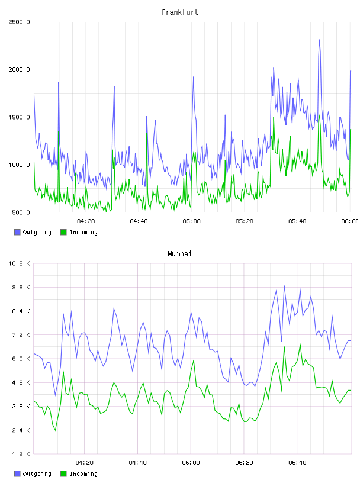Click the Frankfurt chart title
pos(180,12)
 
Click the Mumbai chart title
pos(179,254)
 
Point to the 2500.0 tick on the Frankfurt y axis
pos(19,22)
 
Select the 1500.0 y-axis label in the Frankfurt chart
pos(19,117)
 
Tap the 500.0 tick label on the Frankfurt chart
pos(21,212)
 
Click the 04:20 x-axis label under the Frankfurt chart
pos(86,221)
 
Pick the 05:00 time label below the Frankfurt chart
pos(191,221)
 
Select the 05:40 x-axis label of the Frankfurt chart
pos(297,221)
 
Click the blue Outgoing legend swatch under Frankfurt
pos(17,232)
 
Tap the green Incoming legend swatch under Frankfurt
pos(63,232)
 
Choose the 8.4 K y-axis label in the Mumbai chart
pos(21,311)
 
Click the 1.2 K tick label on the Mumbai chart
pos(21,454)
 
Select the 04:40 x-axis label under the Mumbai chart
pos(138,462)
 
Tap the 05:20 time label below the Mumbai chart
pos(244,462)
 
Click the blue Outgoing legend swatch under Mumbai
pos(17,474)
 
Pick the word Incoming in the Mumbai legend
pos(83,474)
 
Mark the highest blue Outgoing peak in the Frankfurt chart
pos(319,40)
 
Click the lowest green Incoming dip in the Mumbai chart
pos(56,430)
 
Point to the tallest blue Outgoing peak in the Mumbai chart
pos(284,286)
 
